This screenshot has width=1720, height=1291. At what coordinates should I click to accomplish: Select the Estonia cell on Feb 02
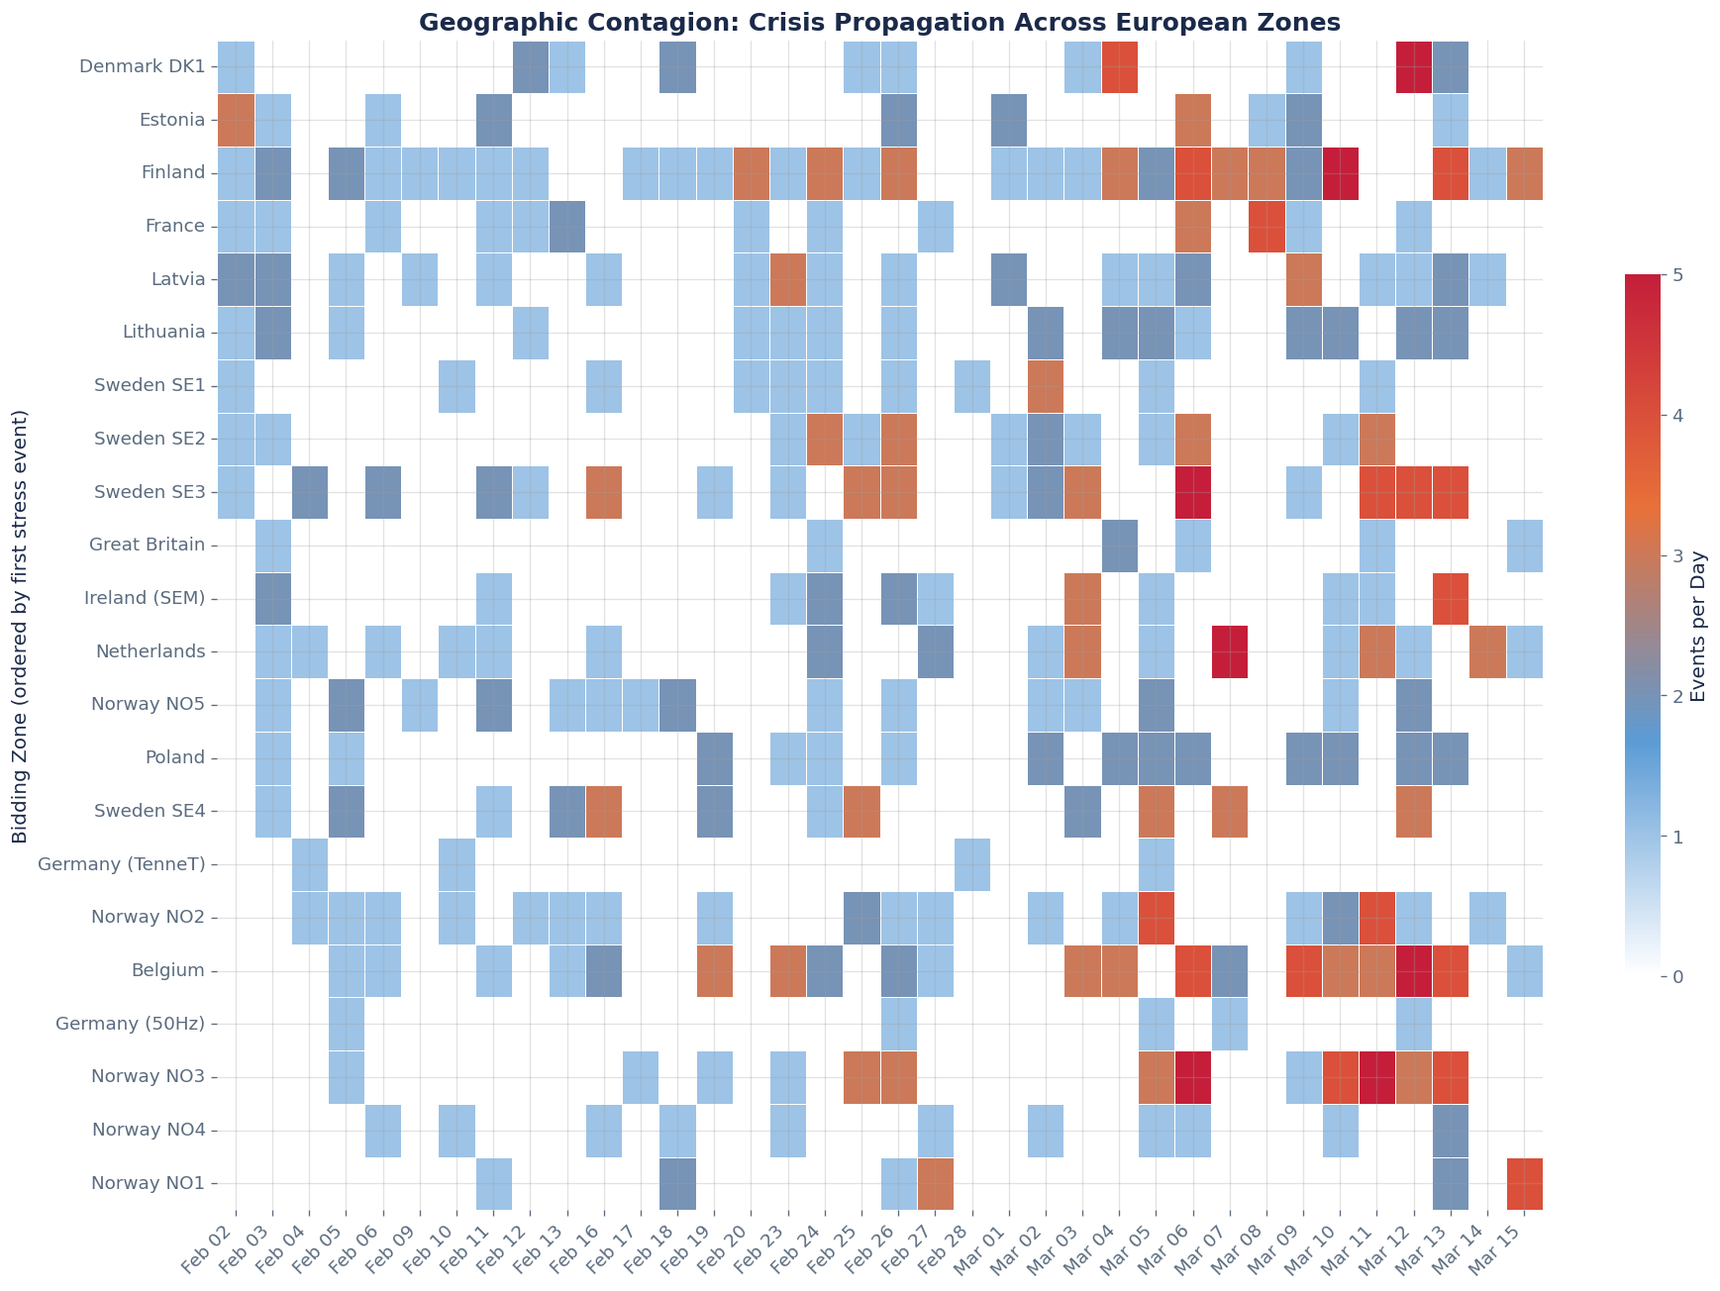(x=236, y=120)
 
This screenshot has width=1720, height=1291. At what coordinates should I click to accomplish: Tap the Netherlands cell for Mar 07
(x=1230, y=651)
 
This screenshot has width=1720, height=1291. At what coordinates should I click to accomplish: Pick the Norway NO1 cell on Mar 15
(x=1524, y=1183)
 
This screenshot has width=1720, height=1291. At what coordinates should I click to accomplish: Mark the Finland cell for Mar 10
(x=1340, y=172)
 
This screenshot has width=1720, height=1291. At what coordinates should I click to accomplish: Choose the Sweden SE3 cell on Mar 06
(x=1193, y=492)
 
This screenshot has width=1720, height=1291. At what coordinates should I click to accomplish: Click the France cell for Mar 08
(x=1266, y=226)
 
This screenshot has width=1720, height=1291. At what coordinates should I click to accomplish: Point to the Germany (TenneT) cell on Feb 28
(x=972, y=864)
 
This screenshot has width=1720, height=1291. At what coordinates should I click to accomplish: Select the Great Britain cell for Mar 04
(x=1119, y=545)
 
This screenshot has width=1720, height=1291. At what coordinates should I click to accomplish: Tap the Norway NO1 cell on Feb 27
(x=936, y=1183)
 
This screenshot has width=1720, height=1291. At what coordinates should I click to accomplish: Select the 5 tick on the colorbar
(x=1675, y=274)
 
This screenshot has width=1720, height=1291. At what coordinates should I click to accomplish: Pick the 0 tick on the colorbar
(x=1675, y=977)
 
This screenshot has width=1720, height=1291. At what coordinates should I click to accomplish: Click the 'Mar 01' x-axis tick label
(x=1000, y=1247)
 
